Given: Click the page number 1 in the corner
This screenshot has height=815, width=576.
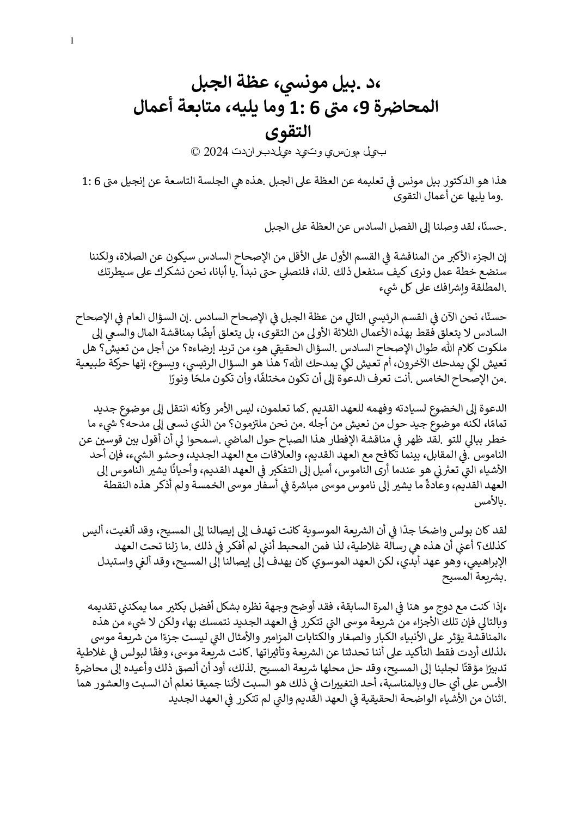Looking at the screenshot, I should pyautogui.click(x=72, y=40).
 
